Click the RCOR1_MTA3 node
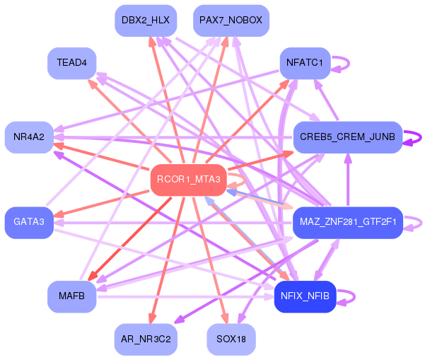click(x=189, y=180)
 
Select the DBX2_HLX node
click(x=146, y=21)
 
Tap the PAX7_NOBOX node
click(x=231, y=21)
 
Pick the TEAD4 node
click(x=72, y=63)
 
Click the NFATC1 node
click(x=305, y=63)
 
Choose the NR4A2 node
click(x=29, y=137)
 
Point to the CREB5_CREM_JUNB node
click(x=348, y=137)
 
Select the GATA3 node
click(x=29, y=223)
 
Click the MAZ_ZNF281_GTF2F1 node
click(x=348, y=223)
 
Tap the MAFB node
click(x=72, y=296)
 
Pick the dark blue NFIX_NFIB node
click(x=305, y=296)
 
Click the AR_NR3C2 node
click(x=146, y=339)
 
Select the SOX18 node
click(x=231, y=339)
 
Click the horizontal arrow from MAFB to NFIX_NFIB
click(x=185, y=297)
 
